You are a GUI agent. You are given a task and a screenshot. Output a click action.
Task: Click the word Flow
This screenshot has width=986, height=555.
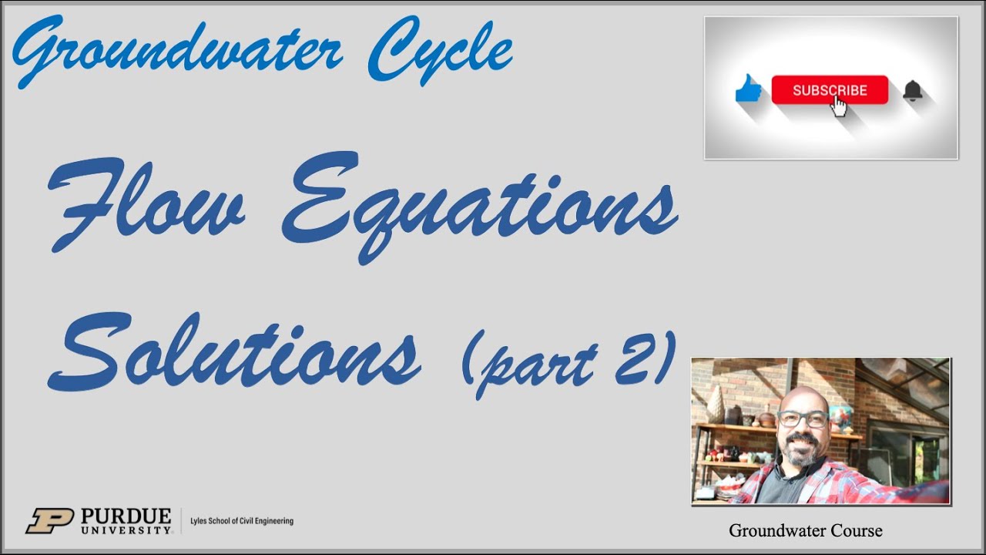146,203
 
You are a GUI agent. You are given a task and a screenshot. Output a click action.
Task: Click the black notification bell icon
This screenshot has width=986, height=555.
912,91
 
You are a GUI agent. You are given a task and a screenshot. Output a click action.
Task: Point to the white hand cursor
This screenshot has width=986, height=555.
838,106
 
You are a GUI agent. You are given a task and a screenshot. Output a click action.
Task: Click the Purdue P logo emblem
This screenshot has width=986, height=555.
49,521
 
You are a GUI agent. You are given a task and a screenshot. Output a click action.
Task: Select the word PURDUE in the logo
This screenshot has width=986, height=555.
126,515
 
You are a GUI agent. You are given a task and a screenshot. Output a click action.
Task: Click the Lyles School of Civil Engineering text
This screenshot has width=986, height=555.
242,521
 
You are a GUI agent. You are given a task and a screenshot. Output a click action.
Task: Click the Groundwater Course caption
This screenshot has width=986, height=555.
805,530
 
